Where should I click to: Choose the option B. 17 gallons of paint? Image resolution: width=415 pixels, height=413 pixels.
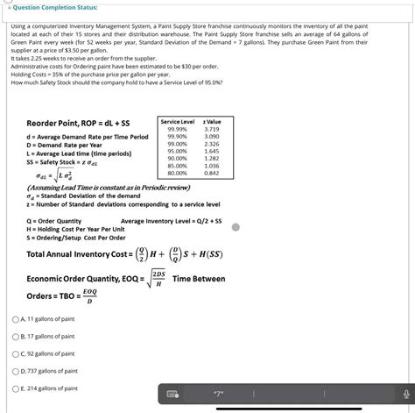click(17, 336)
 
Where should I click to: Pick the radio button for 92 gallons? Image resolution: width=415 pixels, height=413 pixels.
click(17, 353)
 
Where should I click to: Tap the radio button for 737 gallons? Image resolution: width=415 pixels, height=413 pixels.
click(17, 371)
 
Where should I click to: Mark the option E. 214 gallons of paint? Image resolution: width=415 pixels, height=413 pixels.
click(17, 388)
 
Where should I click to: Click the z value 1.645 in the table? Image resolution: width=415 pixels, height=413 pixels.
click(211, 151)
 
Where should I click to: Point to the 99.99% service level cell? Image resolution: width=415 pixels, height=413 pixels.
click(176, 129)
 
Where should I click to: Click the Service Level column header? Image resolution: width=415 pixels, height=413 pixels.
click(177, 121)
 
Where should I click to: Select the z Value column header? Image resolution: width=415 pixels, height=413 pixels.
click(212, 121)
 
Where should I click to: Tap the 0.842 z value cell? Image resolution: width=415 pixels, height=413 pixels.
click(211, 173)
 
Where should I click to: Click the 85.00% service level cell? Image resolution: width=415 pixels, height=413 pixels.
click(176, 166)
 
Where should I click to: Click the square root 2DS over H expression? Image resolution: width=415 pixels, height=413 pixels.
click(158, 278)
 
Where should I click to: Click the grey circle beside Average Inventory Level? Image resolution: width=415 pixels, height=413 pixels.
click(236, 227)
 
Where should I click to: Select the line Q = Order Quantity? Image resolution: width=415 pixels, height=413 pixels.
click(54, 221)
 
